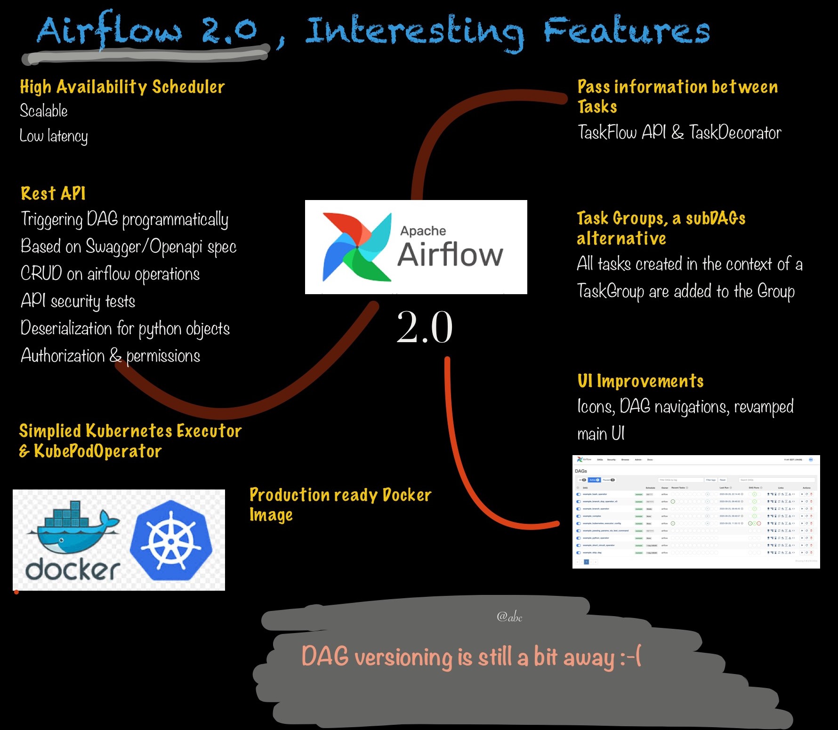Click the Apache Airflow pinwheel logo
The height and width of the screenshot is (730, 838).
356,247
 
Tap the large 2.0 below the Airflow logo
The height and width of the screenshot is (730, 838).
424,328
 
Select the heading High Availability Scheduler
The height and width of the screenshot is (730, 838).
122,87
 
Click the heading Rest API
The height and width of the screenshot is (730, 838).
53,193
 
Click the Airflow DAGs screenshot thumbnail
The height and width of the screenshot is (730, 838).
696,512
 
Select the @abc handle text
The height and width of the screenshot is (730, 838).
509,617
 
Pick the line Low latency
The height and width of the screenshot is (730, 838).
54,136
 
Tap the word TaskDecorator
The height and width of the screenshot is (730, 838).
735,133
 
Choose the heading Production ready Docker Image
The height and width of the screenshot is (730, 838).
340,505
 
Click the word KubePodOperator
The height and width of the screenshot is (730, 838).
98,451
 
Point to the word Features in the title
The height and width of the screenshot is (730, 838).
627,31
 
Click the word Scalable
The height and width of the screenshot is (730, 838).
44,111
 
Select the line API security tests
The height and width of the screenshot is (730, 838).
78,301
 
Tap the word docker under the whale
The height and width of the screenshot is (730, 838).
73,570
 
